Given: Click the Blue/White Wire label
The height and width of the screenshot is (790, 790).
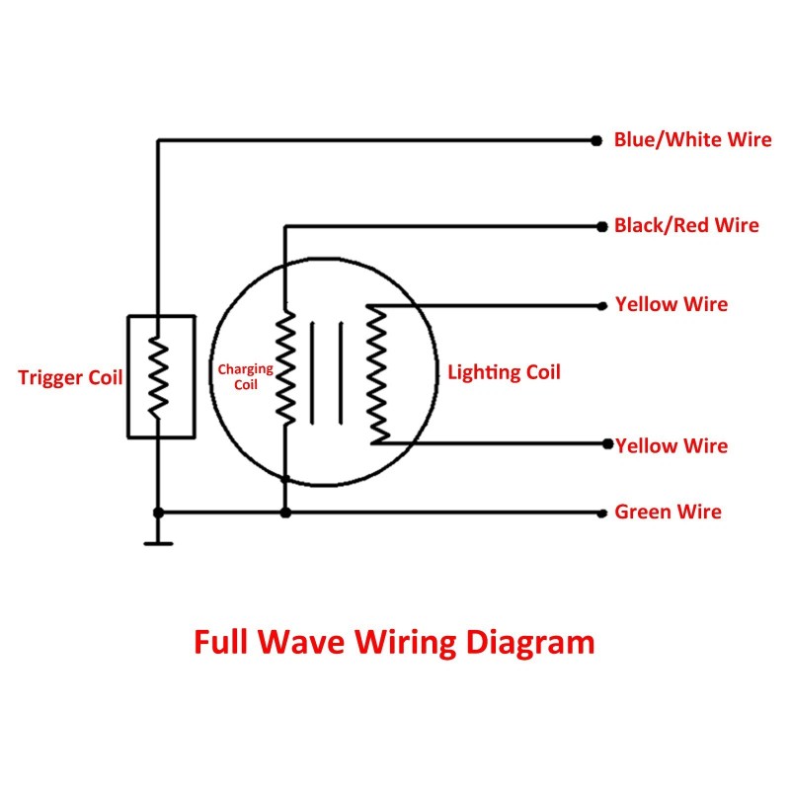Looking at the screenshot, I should coord(692,139).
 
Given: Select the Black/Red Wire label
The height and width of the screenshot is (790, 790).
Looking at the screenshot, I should coord(686,225).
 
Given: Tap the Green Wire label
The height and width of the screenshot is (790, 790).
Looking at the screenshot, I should coord(668,512).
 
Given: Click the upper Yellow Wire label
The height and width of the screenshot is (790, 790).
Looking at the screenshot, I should coord(671,304).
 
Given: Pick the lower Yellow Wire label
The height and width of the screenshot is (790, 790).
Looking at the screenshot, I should coord(671,445).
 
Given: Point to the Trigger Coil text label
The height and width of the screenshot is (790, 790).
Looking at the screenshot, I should coord(70,377).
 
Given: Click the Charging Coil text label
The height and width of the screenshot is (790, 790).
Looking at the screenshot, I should coord(245,376).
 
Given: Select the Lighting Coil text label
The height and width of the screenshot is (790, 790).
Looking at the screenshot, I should coord(504,372).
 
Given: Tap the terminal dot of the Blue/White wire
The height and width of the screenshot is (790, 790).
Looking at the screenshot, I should coord(595,140).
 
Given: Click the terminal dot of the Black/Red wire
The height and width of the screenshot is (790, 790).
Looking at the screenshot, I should coord(602,226).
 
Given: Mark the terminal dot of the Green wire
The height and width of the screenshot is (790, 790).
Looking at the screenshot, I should coord(602,513).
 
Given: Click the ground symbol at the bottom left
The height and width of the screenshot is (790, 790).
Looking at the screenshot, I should coord(158,541).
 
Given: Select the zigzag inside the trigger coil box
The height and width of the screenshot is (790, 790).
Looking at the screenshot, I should coord(157,375).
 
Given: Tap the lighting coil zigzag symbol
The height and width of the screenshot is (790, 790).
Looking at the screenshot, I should coord(376,373).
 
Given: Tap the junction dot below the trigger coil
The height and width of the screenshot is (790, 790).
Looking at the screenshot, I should coord(158,513).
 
